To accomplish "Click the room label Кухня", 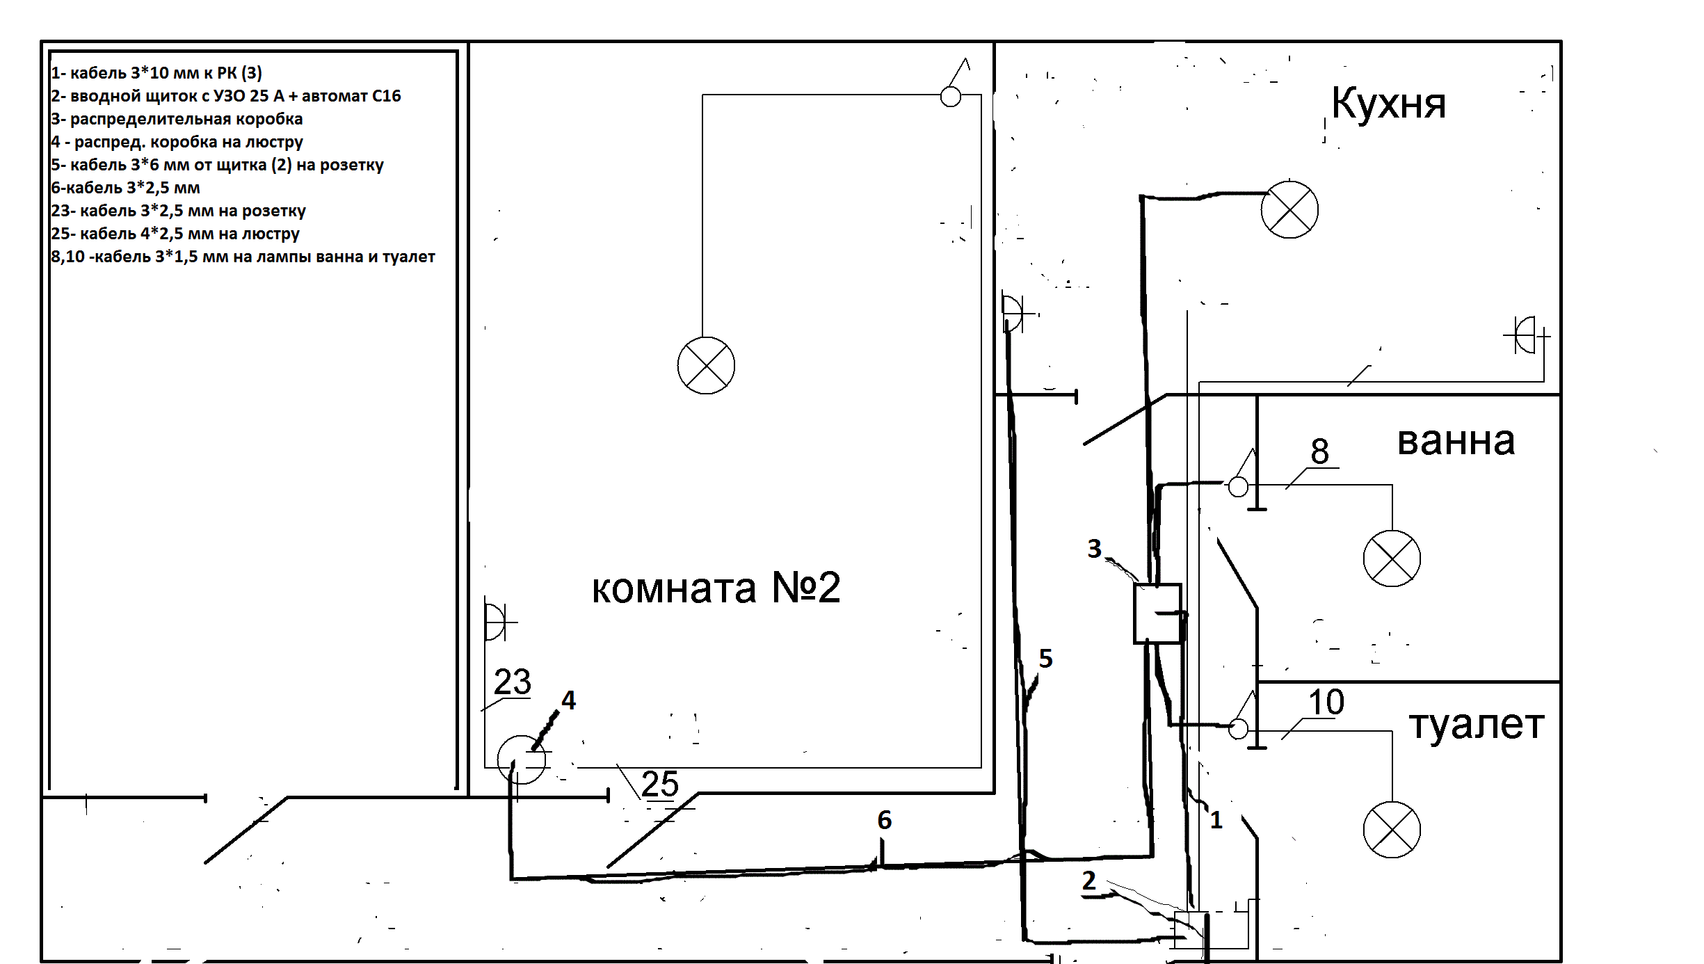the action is (x=1389, y=104).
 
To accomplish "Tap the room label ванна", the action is (x=1456, y=441).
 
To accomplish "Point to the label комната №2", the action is (x=716, y=588).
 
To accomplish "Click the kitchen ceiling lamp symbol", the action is (x=1289, y=209).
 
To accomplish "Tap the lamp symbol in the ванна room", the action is (x=1392, y=559).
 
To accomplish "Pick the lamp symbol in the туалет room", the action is (x=1392, y=830).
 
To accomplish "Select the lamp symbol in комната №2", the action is (x=706, y=366).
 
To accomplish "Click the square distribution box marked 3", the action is (x=1157, y=613).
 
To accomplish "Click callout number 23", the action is (x=513, y=682).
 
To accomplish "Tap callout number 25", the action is (x=660, y=784).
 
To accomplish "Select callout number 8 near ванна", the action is (x=1320, y=451).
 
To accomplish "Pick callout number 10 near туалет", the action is (x=1326, y=702).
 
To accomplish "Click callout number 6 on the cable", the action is (x=885, y=820).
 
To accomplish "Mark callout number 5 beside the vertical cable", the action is (x=1046, y=658).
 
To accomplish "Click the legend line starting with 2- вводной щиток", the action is (x=226, y=96).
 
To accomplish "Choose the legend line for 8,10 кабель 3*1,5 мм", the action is (x=243, y=257).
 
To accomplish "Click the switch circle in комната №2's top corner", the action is (x=950, y=97).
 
